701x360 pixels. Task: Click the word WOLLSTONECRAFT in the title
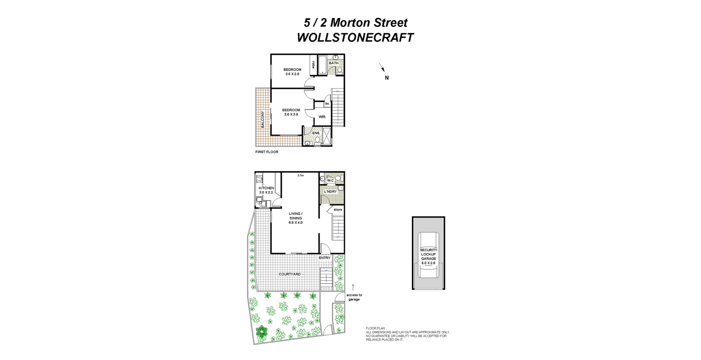click(355, 37)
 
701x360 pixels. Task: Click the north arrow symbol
click(382, 67)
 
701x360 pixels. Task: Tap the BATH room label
click(333, 63)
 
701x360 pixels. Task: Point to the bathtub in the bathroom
click(322, 65)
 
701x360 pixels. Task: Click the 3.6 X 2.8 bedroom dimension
click(293, 74)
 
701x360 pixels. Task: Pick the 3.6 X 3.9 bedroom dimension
click(291, 114)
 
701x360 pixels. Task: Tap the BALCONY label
click(263, 120)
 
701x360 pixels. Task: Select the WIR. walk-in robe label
click(322, 117)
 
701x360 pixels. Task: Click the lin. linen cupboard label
click(328, 104)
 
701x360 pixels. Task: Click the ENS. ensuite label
click(316, 133)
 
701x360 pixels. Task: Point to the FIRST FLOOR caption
click(267, 152)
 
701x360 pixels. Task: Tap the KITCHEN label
click(266, 188)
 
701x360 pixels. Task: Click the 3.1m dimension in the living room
click(300, 175)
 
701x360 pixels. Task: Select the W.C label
click(330, 180)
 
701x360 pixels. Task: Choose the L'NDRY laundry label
click(331, 192)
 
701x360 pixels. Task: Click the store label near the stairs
click(338, 210)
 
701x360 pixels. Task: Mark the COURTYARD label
click(290, 274)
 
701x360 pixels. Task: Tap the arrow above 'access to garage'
click(354, 287)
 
